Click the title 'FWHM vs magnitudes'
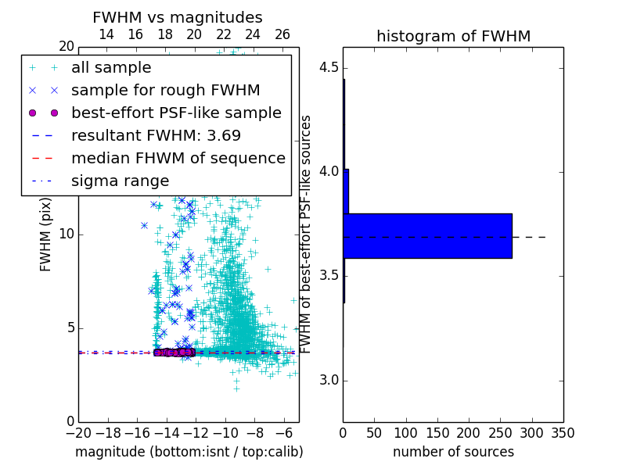click(178, 17)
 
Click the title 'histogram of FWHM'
click(453, 36)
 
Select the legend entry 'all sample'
click(111, 68)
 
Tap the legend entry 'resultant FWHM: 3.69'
click(156, 135)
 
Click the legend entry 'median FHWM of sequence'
click(178, 158)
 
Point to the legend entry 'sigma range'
click(120, 181)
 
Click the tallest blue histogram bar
click(427, 235)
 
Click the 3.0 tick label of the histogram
click(329, 381)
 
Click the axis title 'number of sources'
click(453, 452)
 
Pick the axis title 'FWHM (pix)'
click(46, 234)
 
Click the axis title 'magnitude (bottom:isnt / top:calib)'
click(189, 452)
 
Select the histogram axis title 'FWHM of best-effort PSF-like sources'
click(307, 234)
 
